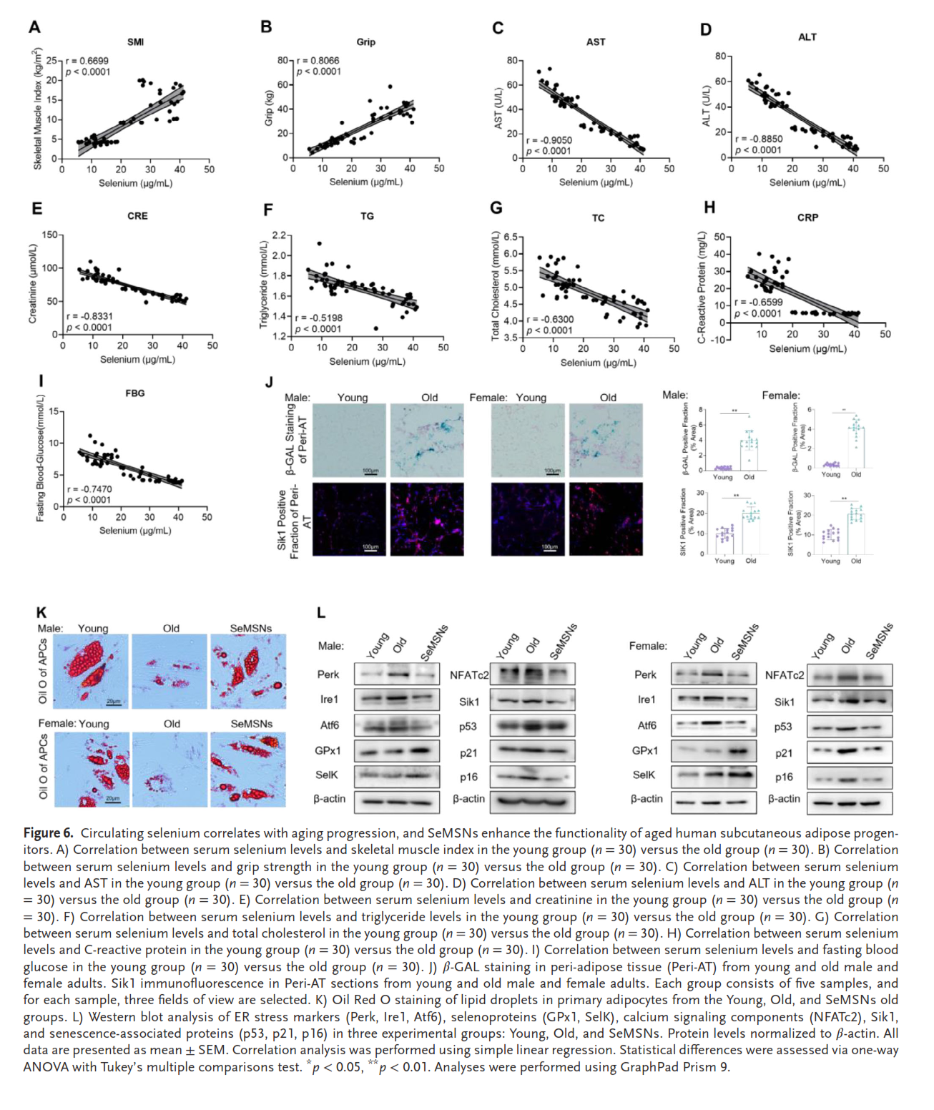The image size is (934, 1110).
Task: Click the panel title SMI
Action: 135,42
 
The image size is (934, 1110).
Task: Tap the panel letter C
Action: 498,28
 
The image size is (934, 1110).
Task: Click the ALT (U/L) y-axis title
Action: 706,107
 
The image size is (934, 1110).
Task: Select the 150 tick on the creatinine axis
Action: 50,235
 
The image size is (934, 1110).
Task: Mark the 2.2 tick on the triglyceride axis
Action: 278,235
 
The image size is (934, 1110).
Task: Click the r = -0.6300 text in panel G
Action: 550,320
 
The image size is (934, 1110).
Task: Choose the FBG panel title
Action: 135,393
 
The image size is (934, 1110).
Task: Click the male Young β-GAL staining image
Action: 349,440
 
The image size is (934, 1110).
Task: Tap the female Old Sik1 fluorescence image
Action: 606,519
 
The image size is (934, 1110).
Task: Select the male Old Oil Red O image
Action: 170,672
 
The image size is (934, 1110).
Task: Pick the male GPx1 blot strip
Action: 397,751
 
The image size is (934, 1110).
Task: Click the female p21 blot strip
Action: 850,752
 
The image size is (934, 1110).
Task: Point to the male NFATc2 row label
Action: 469,675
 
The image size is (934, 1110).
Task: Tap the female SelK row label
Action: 644,775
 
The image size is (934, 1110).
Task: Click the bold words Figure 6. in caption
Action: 48,833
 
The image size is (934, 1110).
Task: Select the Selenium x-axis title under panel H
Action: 807,349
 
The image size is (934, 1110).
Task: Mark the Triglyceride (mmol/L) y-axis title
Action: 264,285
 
